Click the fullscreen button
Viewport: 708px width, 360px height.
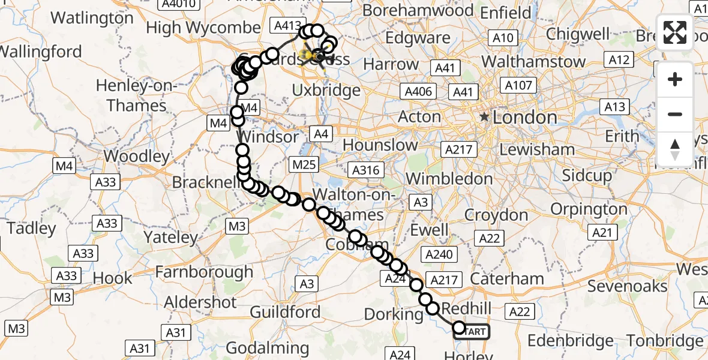tap(675, 32)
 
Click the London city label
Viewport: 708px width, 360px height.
tap(525, 118)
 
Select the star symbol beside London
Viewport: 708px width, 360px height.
tap(484, 117)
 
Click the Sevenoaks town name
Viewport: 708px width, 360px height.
tap(627, 286)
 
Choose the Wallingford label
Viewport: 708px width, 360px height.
tap(41, 52)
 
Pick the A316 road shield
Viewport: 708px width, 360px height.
tap(366, 170)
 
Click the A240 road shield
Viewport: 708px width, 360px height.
tap(439, 255)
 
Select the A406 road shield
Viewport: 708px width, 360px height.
tap(418, 92)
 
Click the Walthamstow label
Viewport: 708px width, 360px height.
tap(533, 61)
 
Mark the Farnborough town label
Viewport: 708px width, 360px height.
tap(204, 272)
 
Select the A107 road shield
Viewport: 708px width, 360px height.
tap(518, 85)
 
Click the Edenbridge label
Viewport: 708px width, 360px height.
tap(571, 341)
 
